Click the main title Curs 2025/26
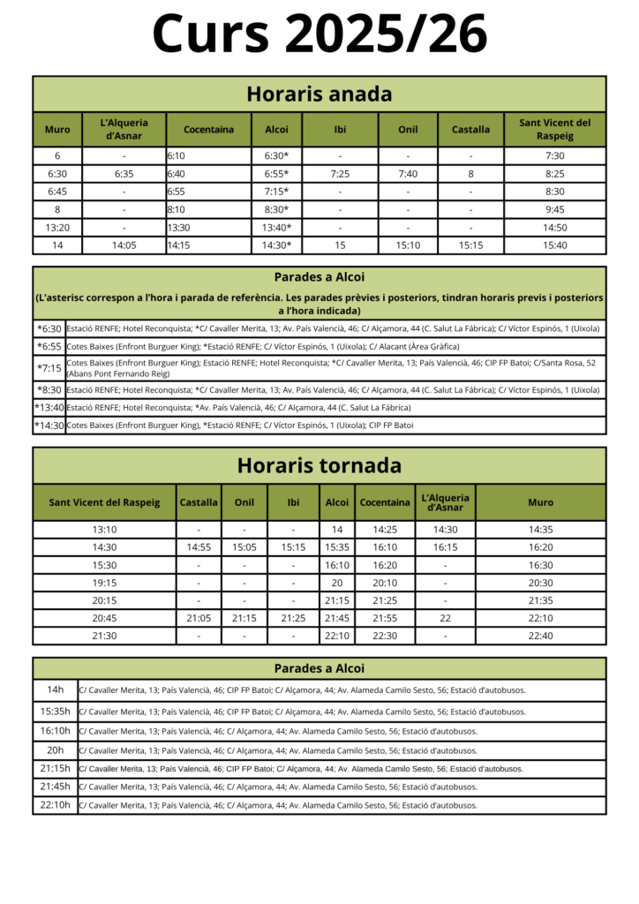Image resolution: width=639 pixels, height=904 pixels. click(x=319, y=35)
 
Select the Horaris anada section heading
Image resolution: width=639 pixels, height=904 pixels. click(x=319, y=94)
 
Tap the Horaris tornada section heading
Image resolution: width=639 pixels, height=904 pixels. click(x=319, y=465)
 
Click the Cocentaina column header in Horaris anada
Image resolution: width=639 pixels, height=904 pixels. click(x=208, y=129)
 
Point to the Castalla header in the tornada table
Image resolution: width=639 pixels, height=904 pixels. click(x=199, y=502)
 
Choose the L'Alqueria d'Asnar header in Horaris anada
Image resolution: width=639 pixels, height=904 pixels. click(x=124, y=129)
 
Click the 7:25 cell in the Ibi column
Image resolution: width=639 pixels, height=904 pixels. click(x=340, y=174)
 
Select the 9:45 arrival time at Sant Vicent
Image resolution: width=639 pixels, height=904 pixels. click(x=554, y=210)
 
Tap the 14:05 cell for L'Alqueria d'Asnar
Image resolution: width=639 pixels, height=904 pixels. click(x=124, y=245)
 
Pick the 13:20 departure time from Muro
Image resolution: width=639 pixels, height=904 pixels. click(x=57, y=228)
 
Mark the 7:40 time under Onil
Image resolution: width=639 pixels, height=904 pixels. click(x=408, y=174)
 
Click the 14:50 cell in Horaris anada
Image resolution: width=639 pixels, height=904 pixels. click(x=554, y=228)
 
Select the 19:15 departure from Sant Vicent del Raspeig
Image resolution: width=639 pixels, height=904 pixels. click(x=104, y=583)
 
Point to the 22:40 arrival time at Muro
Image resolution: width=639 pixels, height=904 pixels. click(x=540, y=636)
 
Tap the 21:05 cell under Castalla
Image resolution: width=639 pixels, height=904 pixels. click(x=199, y=618)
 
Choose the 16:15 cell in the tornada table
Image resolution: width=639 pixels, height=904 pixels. click(x=445, y=547)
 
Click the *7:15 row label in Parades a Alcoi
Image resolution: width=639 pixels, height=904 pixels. click(x=49, y=367)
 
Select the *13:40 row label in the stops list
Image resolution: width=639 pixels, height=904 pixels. click(x=49, y=407)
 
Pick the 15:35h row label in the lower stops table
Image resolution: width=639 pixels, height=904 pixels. click(x=56, y=711)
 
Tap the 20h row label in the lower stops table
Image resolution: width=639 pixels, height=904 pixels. click(x=56, y=750)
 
